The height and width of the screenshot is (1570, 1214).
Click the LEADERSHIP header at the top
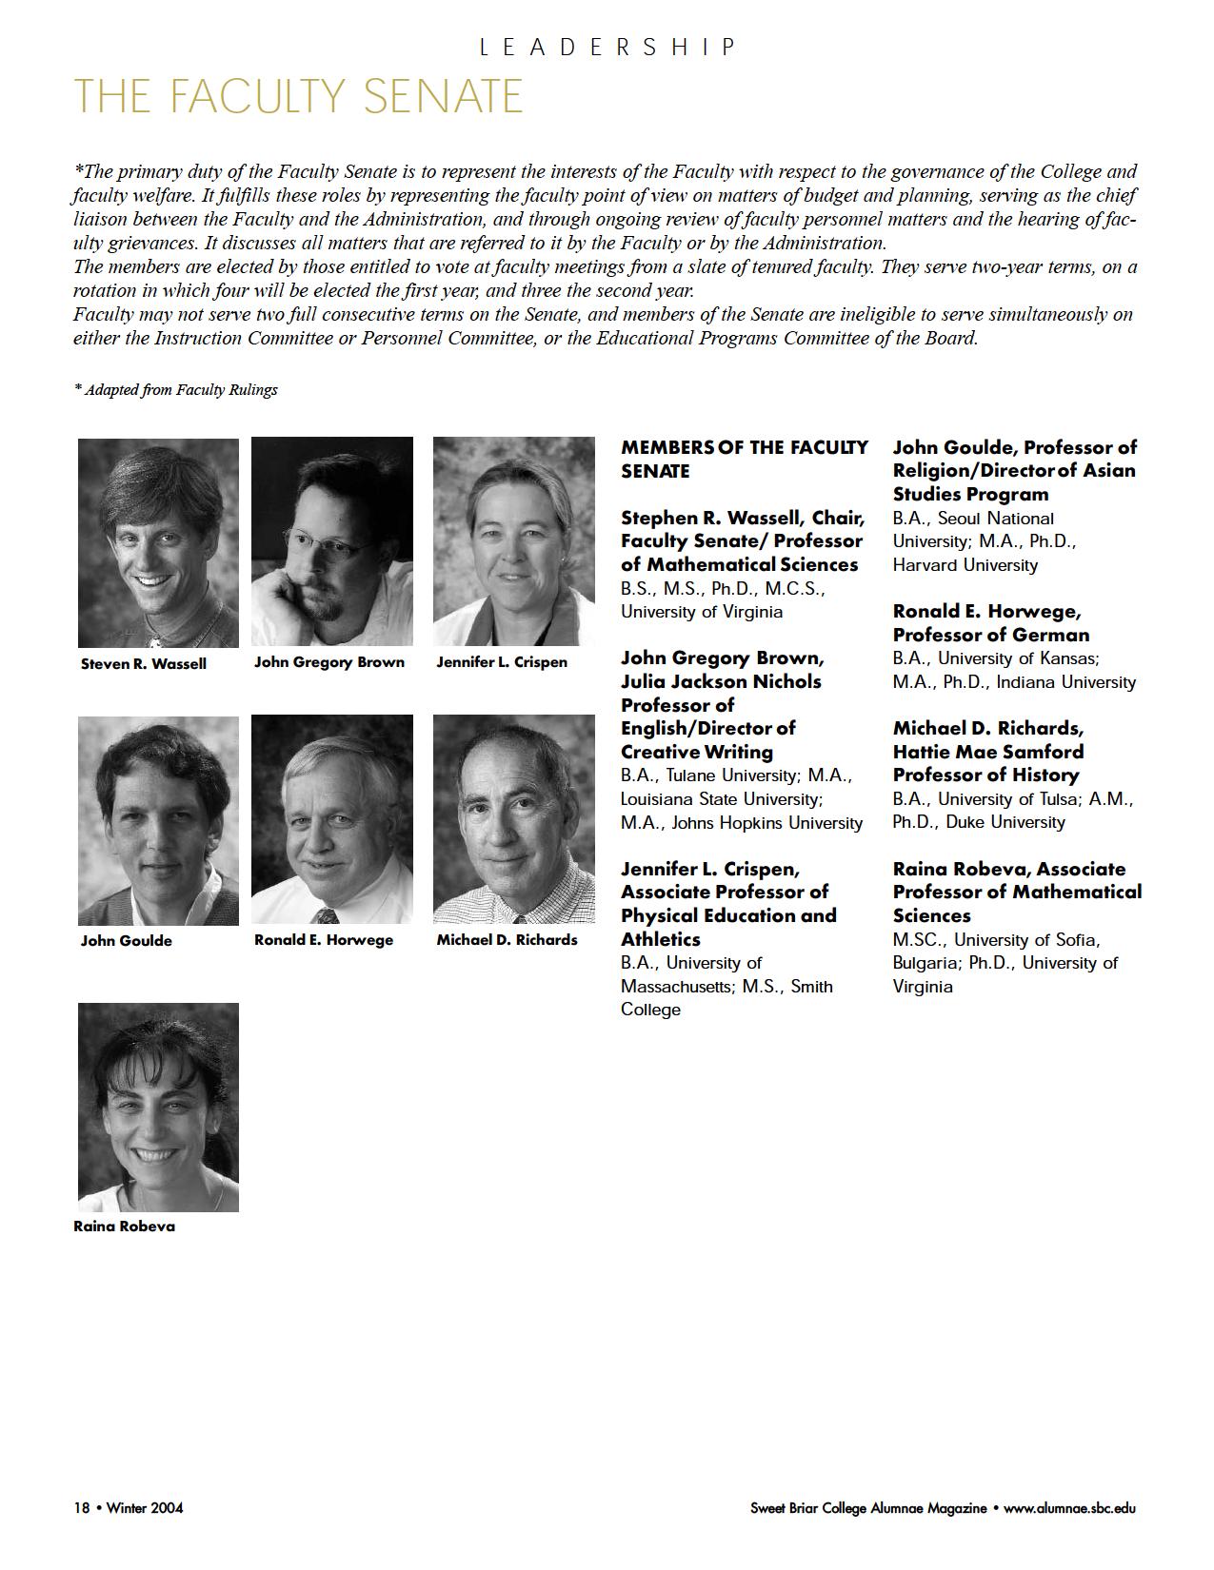607,47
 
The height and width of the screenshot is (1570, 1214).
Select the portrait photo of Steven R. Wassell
158,541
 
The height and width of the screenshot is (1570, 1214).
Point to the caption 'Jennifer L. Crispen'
501,662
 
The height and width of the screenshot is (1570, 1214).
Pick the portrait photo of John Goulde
158,820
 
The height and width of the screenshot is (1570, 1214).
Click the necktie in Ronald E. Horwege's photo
326,916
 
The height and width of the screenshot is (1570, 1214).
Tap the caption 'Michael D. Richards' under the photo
507,940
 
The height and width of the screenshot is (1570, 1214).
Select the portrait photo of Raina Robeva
158,1107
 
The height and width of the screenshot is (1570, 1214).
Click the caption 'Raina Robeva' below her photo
124,1227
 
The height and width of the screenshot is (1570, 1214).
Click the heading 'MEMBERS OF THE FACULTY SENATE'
744,459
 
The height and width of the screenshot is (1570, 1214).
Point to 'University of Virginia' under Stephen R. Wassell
702,612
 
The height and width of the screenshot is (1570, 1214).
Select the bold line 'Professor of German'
990,635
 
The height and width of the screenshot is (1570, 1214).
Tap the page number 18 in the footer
81,1508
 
